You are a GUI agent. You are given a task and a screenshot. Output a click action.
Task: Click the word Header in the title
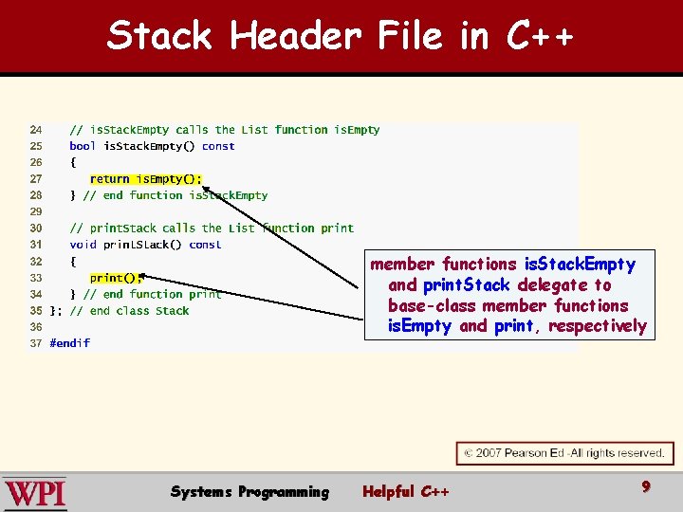[295, 36]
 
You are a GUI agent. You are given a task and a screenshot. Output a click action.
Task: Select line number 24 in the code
[35, 130]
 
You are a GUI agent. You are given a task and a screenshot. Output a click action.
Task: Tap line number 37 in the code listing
[35, 343]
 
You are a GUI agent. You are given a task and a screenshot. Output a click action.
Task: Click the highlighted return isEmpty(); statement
[145, 178]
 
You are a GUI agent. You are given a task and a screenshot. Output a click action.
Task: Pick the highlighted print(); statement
[116, 278]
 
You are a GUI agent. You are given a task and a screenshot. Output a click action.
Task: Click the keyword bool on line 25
[83, 146]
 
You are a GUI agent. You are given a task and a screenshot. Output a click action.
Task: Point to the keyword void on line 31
[83, 245]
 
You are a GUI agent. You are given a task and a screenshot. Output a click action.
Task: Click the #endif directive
[70, 343]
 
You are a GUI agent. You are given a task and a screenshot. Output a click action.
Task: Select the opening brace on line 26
[73, 162]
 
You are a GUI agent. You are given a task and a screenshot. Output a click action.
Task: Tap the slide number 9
[646, 486]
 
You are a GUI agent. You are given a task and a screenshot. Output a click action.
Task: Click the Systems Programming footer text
[249, 491]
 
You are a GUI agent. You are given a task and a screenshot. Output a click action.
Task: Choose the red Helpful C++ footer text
[406, 491]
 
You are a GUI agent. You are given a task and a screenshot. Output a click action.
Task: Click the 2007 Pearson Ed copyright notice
[564, 453]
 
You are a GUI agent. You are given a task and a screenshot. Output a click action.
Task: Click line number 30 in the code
[35, 228]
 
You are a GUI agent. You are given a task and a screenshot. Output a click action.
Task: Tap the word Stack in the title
[159, 36]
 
